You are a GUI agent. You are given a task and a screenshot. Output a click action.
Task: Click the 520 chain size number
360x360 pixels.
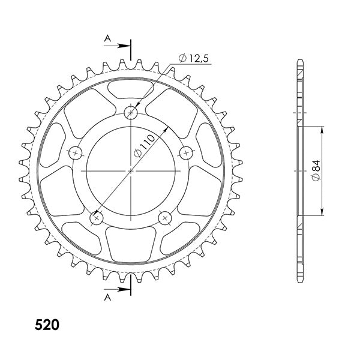47,325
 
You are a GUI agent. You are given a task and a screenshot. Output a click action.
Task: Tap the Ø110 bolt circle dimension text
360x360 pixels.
145,146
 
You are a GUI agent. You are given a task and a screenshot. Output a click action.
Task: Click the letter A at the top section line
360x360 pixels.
107,38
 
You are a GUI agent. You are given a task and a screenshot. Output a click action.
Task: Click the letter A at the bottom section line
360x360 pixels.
107,297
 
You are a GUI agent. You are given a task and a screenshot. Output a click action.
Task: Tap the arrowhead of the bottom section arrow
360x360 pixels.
128,290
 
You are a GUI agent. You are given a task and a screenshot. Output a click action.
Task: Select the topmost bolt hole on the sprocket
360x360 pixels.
131,112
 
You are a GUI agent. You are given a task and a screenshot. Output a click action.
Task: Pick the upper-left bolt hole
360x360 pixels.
76,152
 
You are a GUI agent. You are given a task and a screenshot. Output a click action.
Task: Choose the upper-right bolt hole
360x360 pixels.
186,152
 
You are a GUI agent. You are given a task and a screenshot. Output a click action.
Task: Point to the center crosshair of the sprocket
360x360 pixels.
131,170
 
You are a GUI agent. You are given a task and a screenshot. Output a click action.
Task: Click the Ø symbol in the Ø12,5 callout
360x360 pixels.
181,58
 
